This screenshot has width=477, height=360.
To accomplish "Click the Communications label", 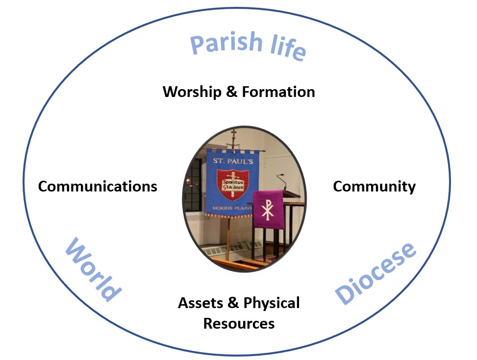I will [x=98, y=186].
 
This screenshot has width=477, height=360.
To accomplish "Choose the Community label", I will [x=374, y=186].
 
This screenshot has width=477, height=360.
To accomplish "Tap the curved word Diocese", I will [x=376, y=272].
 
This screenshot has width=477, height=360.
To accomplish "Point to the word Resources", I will [x=239, y=323].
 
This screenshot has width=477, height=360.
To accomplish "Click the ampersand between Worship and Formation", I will [x=231, y=92].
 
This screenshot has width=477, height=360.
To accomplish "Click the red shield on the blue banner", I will [x=233, y=185].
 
